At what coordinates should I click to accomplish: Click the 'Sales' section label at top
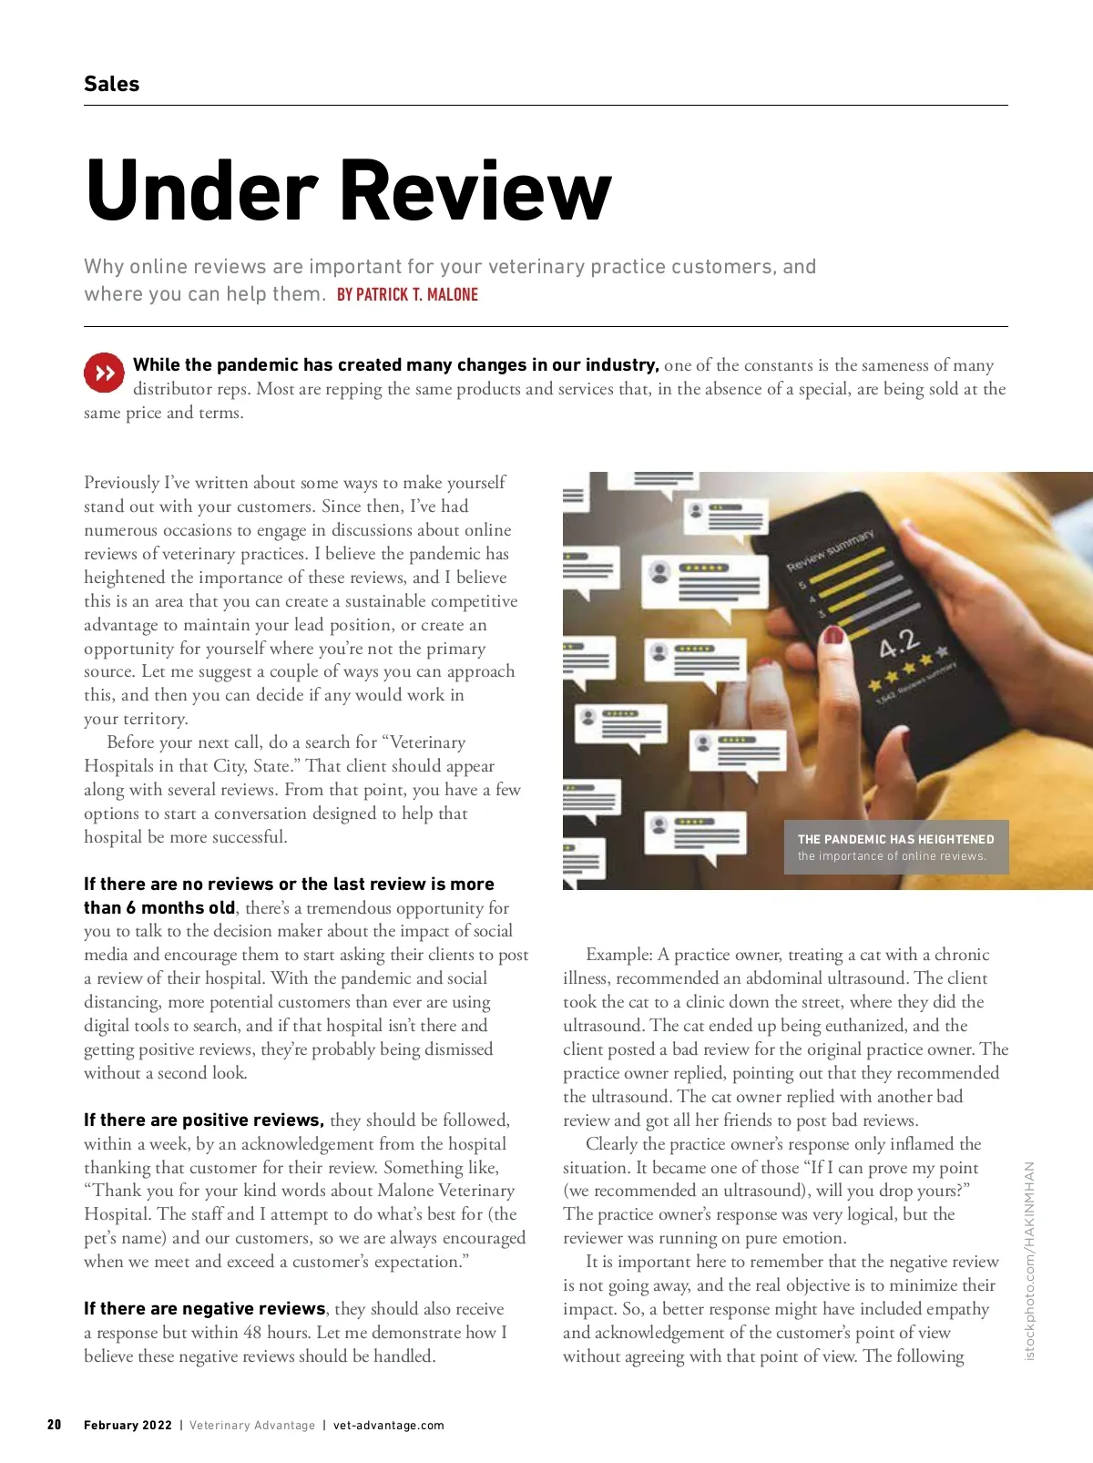pos(111,84)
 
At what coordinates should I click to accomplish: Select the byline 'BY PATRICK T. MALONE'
pos(407,294)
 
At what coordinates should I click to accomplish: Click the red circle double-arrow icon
pos(104,373)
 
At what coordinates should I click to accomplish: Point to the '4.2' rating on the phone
pos(900,646)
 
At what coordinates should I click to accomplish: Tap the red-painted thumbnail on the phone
pos(833,635)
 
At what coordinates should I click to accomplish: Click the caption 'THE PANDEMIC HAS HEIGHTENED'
pos(895,839)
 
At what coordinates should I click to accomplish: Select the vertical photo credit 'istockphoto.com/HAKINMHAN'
pos(1030,1261)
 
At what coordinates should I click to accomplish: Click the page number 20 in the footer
pos(55,1425)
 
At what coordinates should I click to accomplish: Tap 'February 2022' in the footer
pos(128,1425)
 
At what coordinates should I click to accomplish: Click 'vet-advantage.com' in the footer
pos(389,1425)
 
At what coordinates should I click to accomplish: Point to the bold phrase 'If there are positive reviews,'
pos(204,1120)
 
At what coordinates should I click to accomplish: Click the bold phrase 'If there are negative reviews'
pos(205,1308)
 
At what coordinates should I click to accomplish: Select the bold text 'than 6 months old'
pos(159,907)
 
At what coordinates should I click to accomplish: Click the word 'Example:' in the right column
pos(619,954)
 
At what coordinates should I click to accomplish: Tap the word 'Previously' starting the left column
pos(122,482)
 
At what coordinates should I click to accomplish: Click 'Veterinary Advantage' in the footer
pos(252,1425)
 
